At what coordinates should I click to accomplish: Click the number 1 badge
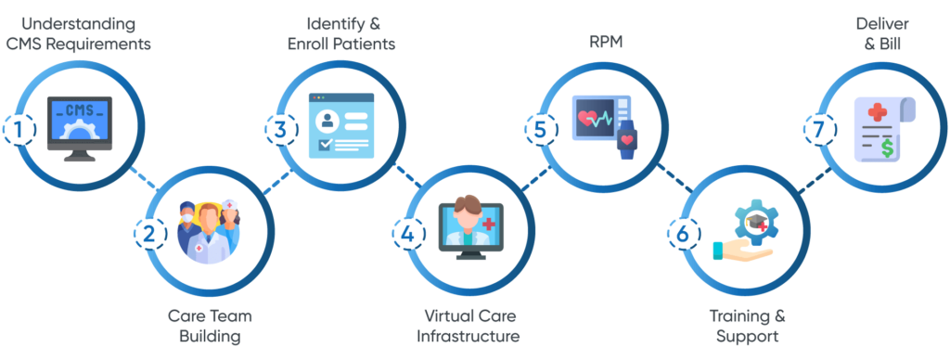pos(18,131)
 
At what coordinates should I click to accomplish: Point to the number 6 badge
pos(683,234)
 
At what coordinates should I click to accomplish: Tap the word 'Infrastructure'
pos(468,335)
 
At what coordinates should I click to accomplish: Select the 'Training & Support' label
pos(742,325)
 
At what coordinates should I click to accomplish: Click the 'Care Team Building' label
pos(211,325)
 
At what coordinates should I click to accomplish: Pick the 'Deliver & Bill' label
pos(879,32)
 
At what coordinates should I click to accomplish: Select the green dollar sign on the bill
pos(888,147)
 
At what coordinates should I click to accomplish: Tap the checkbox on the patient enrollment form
pos(325,145)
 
